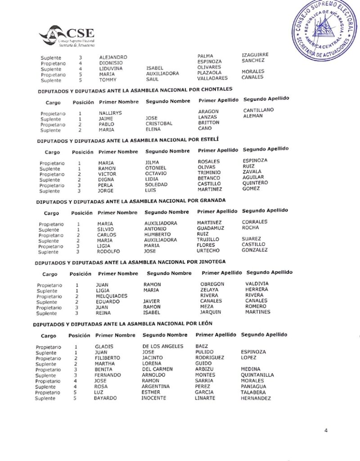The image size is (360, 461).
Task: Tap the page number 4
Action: (326, 430)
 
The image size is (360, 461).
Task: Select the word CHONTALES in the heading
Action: (216, 89)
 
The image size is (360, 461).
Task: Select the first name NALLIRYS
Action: (110, 113)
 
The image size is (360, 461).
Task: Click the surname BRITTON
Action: (208, 122)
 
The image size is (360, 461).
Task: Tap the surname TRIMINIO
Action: (209, 172)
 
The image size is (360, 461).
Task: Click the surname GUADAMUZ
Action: (210, 229)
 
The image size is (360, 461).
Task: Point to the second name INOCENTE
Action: (153, 398)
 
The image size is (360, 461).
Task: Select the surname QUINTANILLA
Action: (257, 375)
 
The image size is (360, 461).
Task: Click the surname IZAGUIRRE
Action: (255, 55)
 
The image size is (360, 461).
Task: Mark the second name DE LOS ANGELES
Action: (162, 346)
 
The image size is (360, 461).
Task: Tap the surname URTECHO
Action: (208, 251)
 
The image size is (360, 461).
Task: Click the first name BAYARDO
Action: (105, 398)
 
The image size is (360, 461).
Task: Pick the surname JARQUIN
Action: (211, 312)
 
